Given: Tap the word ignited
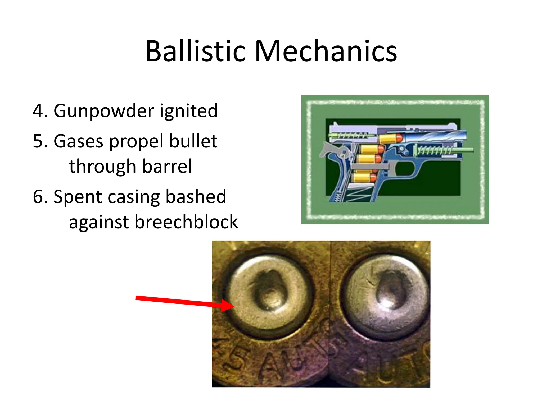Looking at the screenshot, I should pyautogui.click(x=189, y=111).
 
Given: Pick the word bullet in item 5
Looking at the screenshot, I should pyautogui.click(x=193, y=141).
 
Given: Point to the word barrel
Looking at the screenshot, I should pyautogui.click(x=167, y=167).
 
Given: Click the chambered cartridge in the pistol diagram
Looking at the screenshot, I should pyautogui.click(x=390, y=138).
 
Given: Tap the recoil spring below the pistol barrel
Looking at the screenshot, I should pyautogui.click(x=434, y=151).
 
